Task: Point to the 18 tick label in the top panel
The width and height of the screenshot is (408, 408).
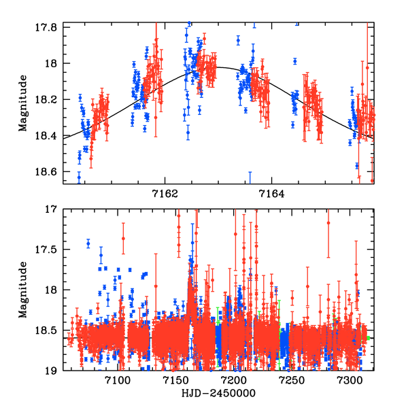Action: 53,63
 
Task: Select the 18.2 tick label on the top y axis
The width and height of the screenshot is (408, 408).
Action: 50,100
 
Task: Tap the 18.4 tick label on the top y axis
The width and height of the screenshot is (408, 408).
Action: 50,136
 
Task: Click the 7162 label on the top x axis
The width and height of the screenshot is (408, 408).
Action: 165,193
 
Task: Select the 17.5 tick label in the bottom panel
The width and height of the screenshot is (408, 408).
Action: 50,250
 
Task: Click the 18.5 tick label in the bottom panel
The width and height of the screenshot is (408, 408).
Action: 50,330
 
